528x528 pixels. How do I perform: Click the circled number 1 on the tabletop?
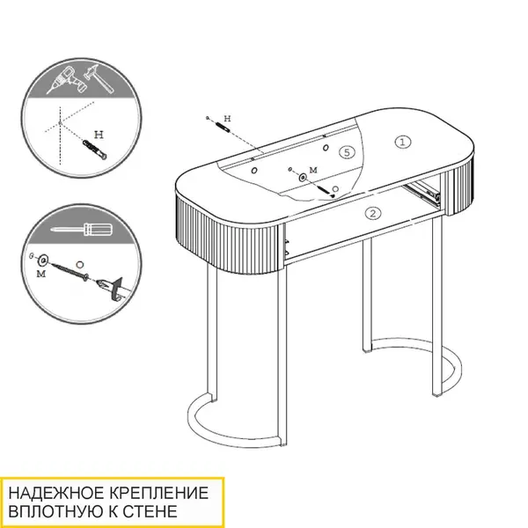click(402, 142)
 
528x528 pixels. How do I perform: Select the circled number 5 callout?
click(347, 152)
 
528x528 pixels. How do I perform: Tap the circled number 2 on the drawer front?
click(373, 213)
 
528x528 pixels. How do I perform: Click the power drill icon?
click(68, 80)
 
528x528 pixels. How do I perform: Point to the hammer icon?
click(99, 79)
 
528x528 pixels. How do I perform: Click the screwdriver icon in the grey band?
click(82, 229)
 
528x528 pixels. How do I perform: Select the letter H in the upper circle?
click(99, 135)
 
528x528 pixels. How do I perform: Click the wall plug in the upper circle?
click(95, 150)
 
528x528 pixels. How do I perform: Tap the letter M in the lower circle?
click(40, 274)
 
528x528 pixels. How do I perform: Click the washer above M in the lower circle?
click(43, 260)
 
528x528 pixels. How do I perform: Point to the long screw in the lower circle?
click(70, 271)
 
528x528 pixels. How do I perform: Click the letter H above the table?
click(228, 119)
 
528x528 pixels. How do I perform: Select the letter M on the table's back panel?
click(313, 170)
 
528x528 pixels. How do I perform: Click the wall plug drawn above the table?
click(223, 127)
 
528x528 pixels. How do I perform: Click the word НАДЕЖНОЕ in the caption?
click(56, 493)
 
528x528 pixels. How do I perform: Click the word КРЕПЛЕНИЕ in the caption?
click(158, 493)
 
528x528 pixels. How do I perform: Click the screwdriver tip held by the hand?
click(101, 285)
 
